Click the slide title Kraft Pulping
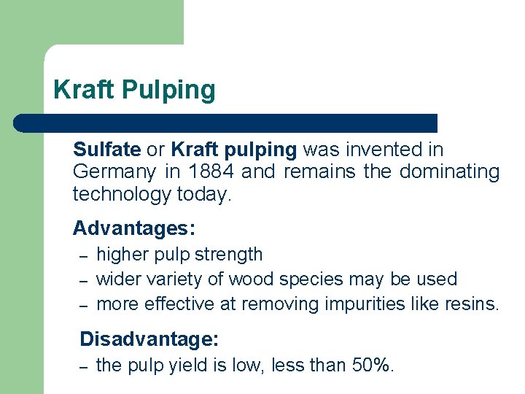tap(134, 90)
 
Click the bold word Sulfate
tap(106, 150)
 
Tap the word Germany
tap(114, 173)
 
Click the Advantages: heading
tap(134, 228)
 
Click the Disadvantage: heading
tap(149, 339)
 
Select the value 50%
tap(373, 366)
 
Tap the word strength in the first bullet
tap(228, 255)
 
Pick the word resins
tap(472, 304)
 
